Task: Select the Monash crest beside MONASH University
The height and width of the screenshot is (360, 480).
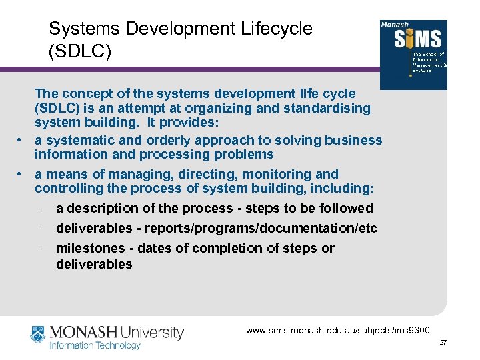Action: click(39, 335)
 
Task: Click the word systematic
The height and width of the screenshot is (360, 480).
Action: click(76, 140)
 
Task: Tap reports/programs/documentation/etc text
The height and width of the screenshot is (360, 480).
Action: click(259, 229)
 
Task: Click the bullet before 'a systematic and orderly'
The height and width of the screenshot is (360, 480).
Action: click(21, 140)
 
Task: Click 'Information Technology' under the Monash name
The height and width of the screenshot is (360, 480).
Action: click(95, 345)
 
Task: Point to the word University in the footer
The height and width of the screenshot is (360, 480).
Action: click(152, 332)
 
